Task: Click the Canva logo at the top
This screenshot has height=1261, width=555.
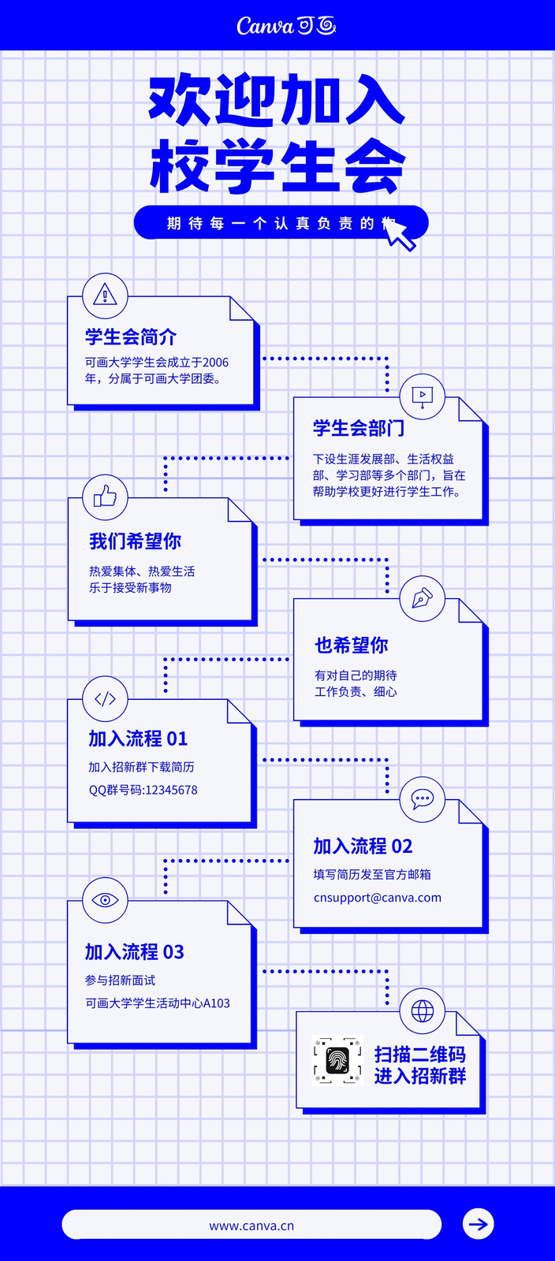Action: tap(286, 25)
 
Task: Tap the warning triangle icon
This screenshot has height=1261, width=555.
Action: tap(105, 295)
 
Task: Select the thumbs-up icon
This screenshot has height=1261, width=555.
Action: tap(106, 496)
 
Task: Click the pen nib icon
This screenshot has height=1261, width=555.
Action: tap(422, 598)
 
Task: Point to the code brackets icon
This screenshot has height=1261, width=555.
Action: tap(106, 698)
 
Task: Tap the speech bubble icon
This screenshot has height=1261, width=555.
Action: tap(422, 799)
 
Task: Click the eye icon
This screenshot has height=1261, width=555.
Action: tap(106, 899)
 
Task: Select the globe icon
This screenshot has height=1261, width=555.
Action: tap(422, 1011)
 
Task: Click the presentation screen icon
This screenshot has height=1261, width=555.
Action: tap(422, 396)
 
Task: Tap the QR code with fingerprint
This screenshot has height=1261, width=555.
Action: tap(337, 1061)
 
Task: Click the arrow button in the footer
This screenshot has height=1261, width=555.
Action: tap(479, 1224)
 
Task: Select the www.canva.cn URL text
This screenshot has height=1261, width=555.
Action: tap(251, 1226)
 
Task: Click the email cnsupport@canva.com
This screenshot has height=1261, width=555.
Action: tap(378, 898)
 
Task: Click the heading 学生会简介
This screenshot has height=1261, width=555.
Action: tap(131, 337)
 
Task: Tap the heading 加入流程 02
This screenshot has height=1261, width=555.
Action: tap(363, 846)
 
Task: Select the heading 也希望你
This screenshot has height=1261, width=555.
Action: tap(352, 645)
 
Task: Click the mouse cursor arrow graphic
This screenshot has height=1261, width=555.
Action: tap(399, 233)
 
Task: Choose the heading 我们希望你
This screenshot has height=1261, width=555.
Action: tap(135, 541)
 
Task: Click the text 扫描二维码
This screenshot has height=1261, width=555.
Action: tap(420, 1054)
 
